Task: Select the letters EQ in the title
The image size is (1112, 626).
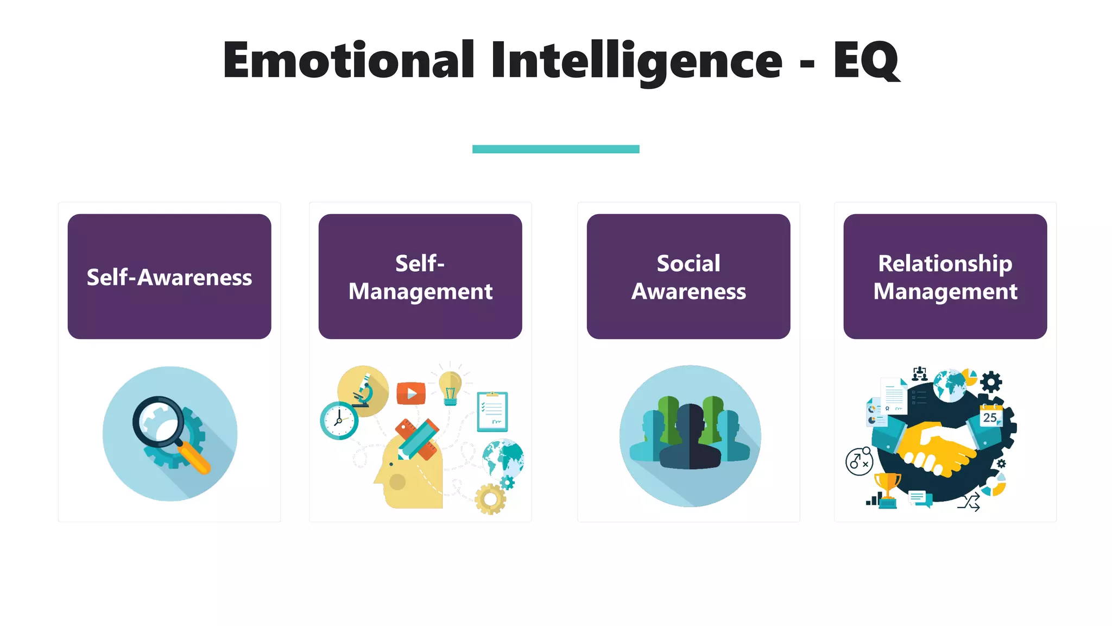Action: (865, 61)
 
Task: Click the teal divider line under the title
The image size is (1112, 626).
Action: (555, 149)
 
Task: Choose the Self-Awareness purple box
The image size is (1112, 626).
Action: (169, 276)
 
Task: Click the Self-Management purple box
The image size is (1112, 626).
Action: (420, 276)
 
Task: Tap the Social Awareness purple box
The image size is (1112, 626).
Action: (688, 276)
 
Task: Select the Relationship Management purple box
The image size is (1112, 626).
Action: (945, 276)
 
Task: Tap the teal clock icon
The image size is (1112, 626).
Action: (339, 420)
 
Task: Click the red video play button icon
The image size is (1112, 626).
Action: (411, 393)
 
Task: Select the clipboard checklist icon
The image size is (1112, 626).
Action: (492, 411)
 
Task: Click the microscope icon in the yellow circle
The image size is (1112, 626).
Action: (363, 391)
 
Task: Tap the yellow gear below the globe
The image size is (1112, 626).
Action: (490, 499)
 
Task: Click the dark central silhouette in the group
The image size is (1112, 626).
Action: (690, 438)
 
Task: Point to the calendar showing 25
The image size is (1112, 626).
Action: (990, 416)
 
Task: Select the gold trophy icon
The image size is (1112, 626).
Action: (887, 487)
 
